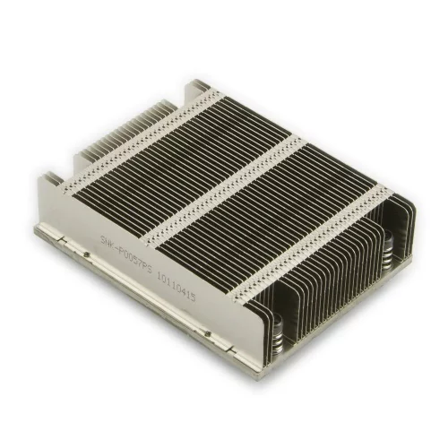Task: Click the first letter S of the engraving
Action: tap(101, 224)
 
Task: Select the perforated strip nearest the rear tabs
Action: tap(143, 143)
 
